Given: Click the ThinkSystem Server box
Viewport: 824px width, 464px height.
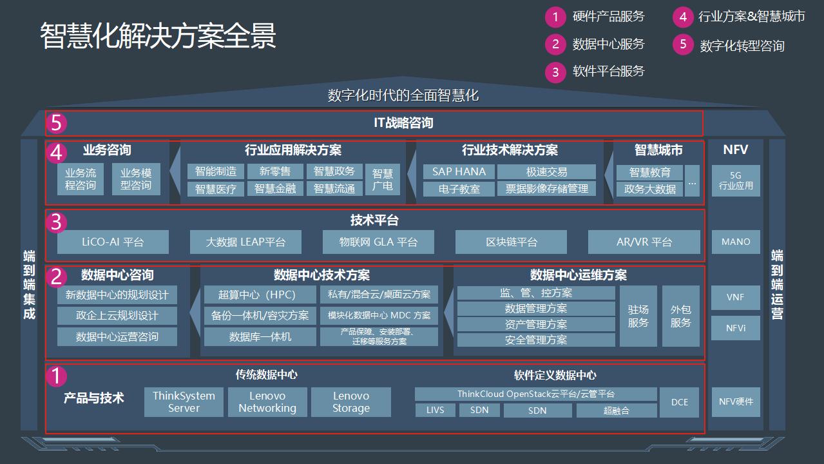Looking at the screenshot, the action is pos(184,402).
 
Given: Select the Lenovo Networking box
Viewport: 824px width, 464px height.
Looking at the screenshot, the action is pos(267,402).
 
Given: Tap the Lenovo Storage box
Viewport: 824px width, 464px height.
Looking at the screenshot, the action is pos(351,402).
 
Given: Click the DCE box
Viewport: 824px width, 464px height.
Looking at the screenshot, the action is pos(680,402).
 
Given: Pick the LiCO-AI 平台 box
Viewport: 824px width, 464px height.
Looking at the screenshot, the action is pos(113,242).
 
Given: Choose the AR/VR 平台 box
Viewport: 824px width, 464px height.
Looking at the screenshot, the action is pos(644,242).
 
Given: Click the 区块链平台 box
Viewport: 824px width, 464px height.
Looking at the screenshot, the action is pos(512,242).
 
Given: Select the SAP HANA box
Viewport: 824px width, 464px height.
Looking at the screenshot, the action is pos(459,171).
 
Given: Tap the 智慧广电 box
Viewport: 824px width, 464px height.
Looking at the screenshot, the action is pos(383,180).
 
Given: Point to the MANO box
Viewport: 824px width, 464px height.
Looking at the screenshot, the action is pos(736,242).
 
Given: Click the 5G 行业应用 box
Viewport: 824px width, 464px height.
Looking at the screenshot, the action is pos(736,180).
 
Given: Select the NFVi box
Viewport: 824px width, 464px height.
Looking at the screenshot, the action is pos(736,328).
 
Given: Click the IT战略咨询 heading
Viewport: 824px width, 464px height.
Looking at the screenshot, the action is pos(404,123).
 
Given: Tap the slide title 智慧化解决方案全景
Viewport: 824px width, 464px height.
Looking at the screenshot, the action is pos(158,36).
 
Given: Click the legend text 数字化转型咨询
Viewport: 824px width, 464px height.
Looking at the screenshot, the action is pos(742,46).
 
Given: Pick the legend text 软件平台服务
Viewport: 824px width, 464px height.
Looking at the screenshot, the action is pos(608,71).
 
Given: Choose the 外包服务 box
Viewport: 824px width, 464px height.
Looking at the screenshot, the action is pos(680,316).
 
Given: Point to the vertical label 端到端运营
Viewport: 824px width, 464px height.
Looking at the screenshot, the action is pos(777,284).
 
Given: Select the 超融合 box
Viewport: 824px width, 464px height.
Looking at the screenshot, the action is pos(617,411).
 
